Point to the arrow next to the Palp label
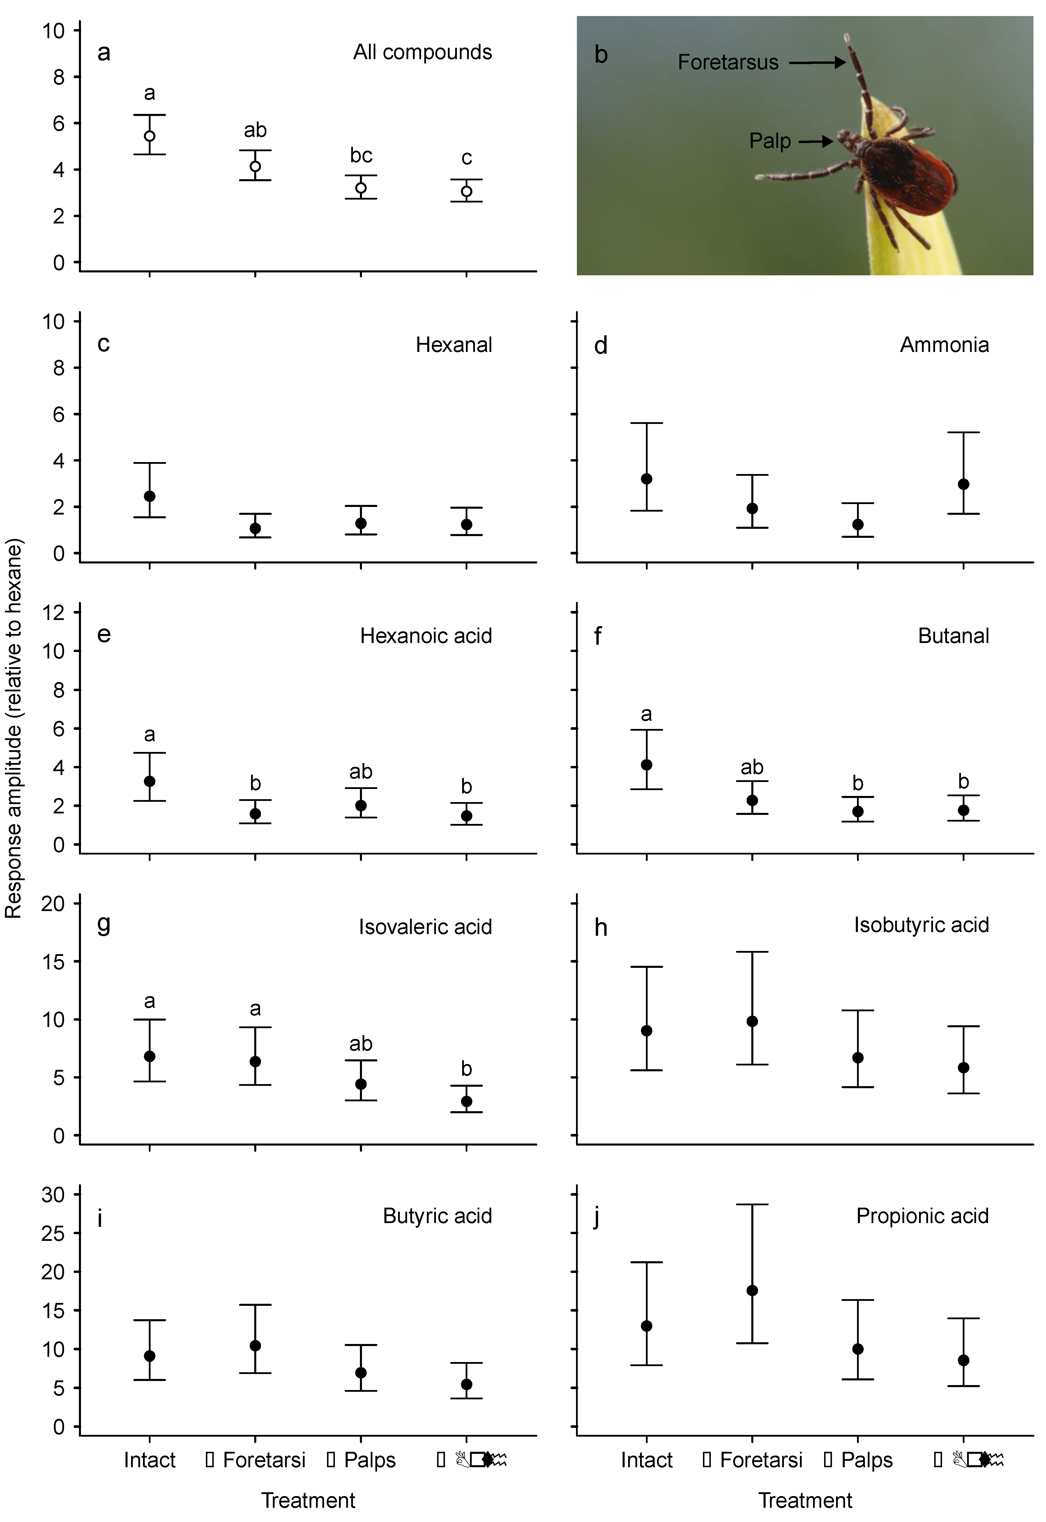click(x=815, y=141)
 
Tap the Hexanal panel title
click(x=453, y=345)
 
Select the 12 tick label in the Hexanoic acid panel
click(x=54, y=612)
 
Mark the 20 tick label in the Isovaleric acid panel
click(x=54, y=904)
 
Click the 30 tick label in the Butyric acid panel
click(x=54, y=1195)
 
